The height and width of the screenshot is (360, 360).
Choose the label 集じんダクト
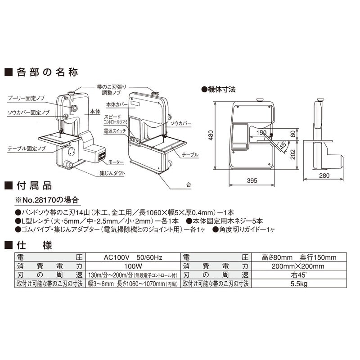pyautogui.click(x=112, y=173)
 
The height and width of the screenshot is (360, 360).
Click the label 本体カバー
pyautogui.click(x=117, y=104)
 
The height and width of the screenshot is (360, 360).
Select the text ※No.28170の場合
pyautogui.click(x=47, y=199)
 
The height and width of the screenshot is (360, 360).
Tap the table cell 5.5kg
pyautogui.click(x=299, y=283)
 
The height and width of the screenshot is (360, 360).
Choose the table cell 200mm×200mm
pyautogui.click(x=299, y=266)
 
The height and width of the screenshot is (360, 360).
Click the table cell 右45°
pyautogui.click(x=299, y=275)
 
